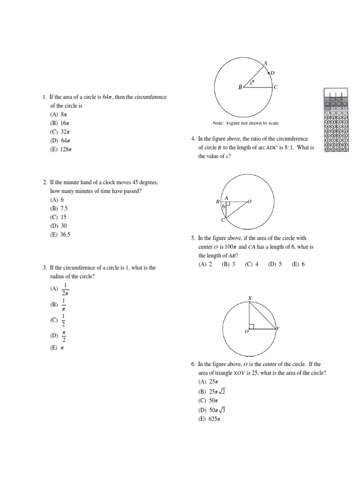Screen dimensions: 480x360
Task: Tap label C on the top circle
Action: [x=276, y=87]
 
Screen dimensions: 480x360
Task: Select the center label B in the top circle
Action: [x=240, y=87]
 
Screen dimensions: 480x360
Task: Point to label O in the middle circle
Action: [x=249, y=202]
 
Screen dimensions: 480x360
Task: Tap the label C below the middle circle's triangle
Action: [x=223, y=220]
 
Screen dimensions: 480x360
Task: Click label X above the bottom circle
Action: [x=250, y=298]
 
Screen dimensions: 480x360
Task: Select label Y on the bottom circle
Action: [x=277, y=329]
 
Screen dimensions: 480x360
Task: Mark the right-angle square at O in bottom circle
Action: [x=252, y=326]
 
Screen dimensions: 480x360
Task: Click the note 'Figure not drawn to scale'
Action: [x=246, y=123]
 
